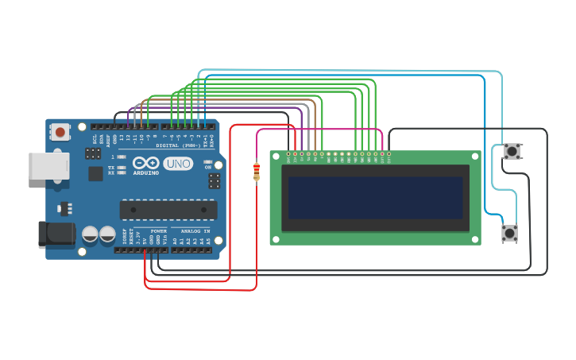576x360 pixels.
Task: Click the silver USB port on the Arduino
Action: (48, 165)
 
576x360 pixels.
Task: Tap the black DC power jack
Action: (56, 234)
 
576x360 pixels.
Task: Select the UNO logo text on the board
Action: (178, 164)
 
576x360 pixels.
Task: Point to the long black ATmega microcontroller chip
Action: (168, 210)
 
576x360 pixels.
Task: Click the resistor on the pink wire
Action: (257, 172)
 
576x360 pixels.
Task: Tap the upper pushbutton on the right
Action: (512, 151)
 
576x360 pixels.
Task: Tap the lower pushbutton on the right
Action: (509, 233)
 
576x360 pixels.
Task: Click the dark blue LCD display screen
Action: (375, 198)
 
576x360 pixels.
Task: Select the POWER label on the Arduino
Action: (158, 231)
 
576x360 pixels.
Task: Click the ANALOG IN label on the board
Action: (191, 231)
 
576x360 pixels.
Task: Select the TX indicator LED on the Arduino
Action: (122, 168)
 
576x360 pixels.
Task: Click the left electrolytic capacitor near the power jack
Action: (91, 234)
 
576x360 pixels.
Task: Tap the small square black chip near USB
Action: (95, 173)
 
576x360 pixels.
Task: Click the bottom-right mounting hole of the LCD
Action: (474, 238)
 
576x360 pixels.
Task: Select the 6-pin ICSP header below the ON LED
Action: (215, 181)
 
